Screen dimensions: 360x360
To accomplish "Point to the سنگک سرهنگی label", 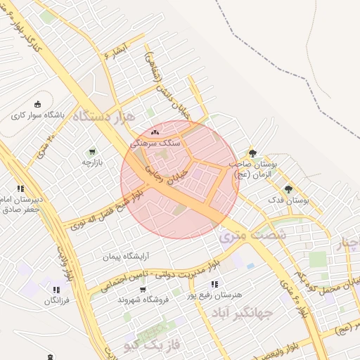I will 155,143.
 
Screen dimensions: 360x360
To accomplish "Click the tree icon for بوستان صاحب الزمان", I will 252,153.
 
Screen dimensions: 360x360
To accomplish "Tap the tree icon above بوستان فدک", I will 288,189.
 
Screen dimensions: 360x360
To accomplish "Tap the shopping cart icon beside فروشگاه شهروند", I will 143,289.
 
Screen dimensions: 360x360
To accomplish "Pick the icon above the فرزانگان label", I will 56,289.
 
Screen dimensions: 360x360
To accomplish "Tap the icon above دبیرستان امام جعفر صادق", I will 20,188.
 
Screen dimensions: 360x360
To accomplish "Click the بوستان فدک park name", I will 288,201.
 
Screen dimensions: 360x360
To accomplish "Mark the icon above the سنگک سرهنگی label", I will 155,131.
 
